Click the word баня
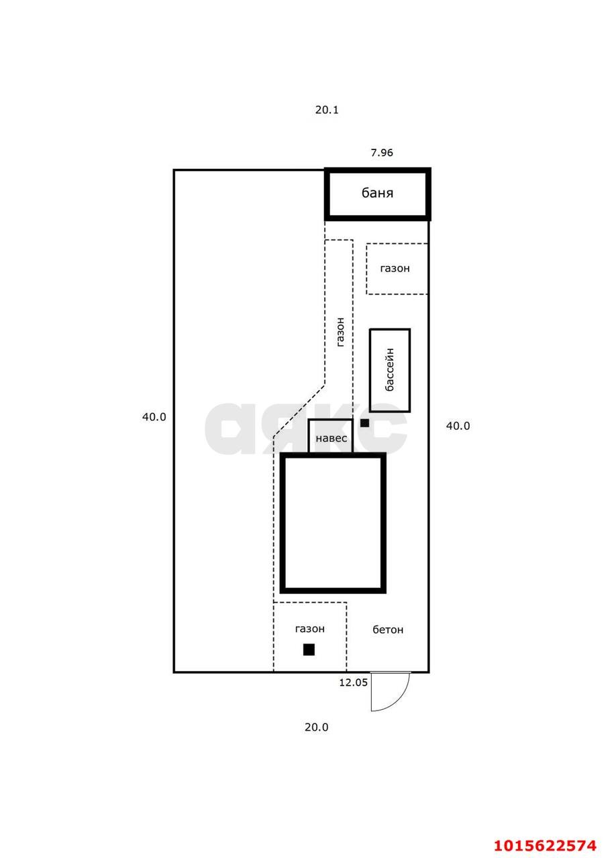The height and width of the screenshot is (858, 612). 377,192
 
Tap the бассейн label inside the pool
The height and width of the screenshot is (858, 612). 390,369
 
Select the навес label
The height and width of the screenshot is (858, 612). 331,438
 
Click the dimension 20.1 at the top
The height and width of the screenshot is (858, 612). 327,110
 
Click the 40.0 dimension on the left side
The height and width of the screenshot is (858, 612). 154,417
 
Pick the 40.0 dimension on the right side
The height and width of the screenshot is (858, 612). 458,426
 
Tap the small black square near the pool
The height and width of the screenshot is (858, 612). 364,423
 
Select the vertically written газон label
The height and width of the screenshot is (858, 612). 340,332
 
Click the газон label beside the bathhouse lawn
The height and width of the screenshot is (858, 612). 395,269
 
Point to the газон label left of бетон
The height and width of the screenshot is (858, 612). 310,629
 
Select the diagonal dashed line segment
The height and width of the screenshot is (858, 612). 299,410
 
